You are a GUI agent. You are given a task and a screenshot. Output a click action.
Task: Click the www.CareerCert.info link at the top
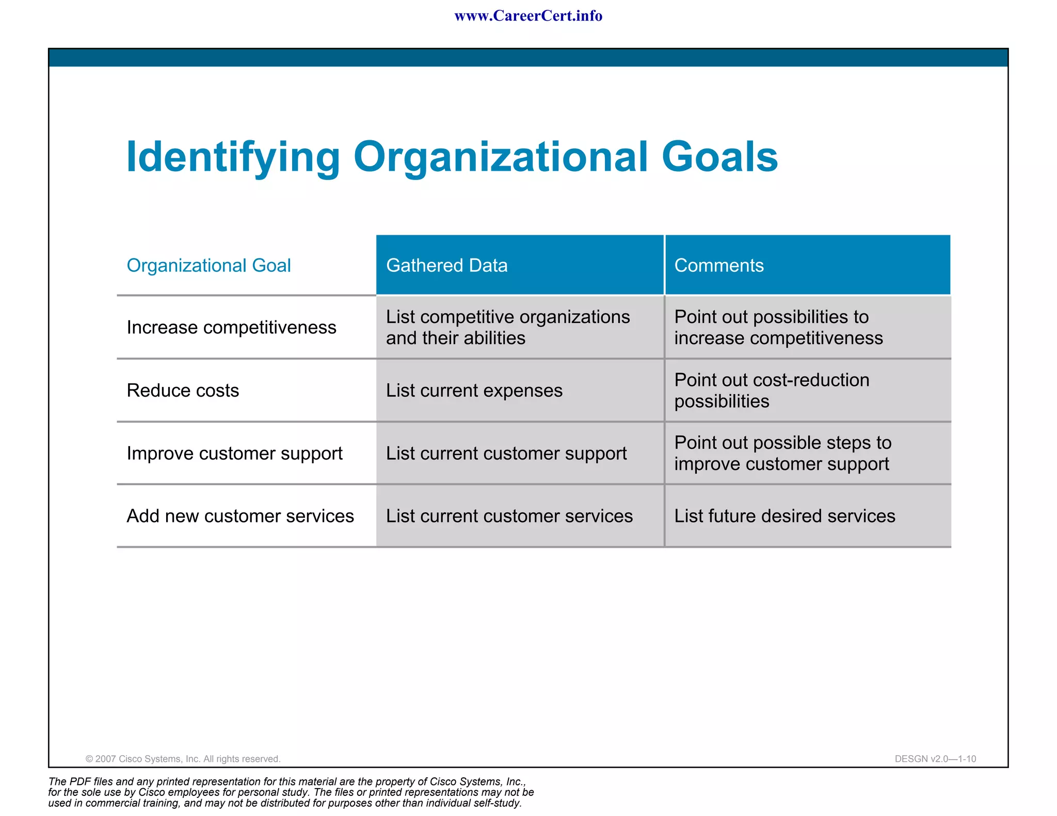pos(528,16)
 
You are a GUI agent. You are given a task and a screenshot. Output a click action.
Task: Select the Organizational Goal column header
pos(209,266)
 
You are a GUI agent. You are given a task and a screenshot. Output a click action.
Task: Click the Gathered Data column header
pos(446,266)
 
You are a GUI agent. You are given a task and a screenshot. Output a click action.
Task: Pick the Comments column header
pos(718,266)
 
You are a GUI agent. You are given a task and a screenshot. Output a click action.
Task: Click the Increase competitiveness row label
pos(231,328)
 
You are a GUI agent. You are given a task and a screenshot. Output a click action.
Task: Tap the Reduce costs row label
pos(183,390)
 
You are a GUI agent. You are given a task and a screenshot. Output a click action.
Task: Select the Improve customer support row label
pos(234,453)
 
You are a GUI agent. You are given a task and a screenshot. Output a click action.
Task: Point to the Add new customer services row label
pos(240,516)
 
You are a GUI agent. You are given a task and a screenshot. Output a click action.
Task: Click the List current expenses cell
pos(474,390)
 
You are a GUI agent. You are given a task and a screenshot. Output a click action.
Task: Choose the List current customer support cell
pos(506,453)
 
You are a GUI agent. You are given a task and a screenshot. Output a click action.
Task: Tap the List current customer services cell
pos(509,516)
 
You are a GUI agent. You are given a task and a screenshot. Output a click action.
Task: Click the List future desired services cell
pos(784,516)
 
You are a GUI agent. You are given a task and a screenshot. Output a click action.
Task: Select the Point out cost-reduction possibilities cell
pos(772,390)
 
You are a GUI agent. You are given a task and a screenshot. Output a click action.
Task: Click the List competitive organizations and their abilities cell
pos(507,328)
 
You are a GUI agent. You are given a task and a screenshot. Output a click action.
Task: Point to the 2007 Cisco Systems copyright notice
pos(183,759)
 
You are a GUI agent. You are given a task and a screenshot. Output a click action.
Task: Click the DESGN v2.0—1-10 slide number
pos(935,759)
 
